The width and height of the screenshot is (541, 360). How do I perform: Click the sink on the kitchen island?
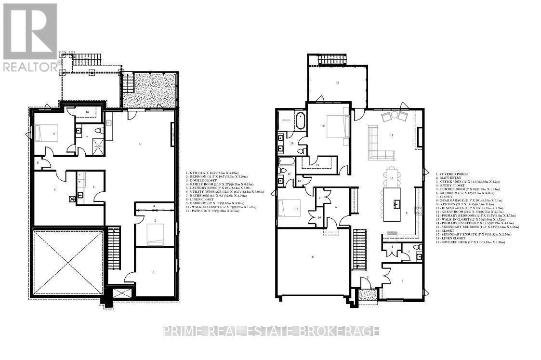pos(397,203)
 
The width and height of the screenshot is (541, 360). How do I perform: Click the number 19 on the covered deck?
pos(338,82)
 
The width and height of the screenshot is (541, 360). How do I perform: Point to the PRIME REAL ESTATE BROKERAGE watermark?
pos(271,331)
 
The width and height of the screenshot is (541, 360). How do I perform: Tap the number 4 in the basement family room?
pos(140,144)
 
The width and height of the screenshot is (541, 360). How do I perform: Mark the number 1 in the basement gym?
pos(154,273)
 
